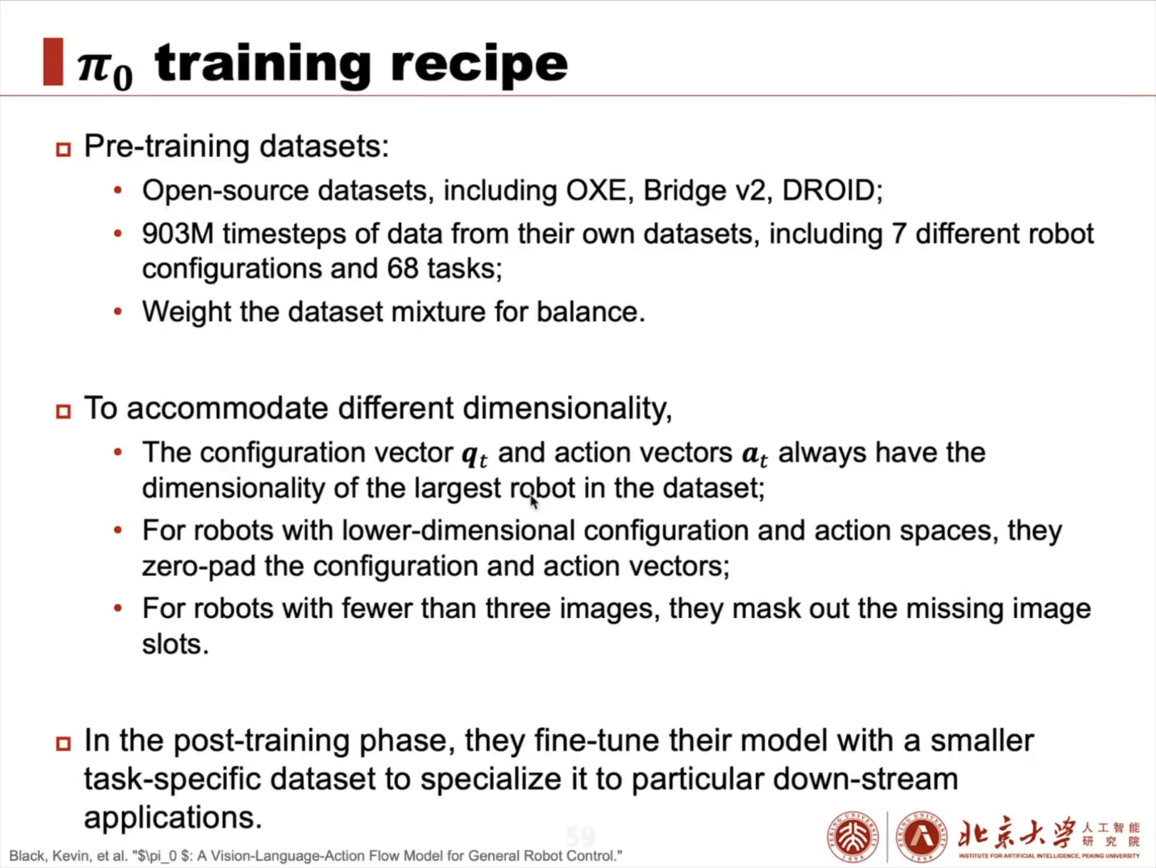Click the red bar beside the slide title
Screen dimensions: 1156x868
point(53,61)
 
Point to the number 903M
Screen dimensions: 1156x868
point(178,234)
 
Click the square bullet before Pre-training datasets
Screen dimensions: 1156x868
point(63,150)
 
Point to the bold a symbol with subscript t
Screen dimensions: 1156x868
point(754,455)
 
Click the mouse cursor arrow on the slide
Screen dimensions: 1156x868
point(534,502)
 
